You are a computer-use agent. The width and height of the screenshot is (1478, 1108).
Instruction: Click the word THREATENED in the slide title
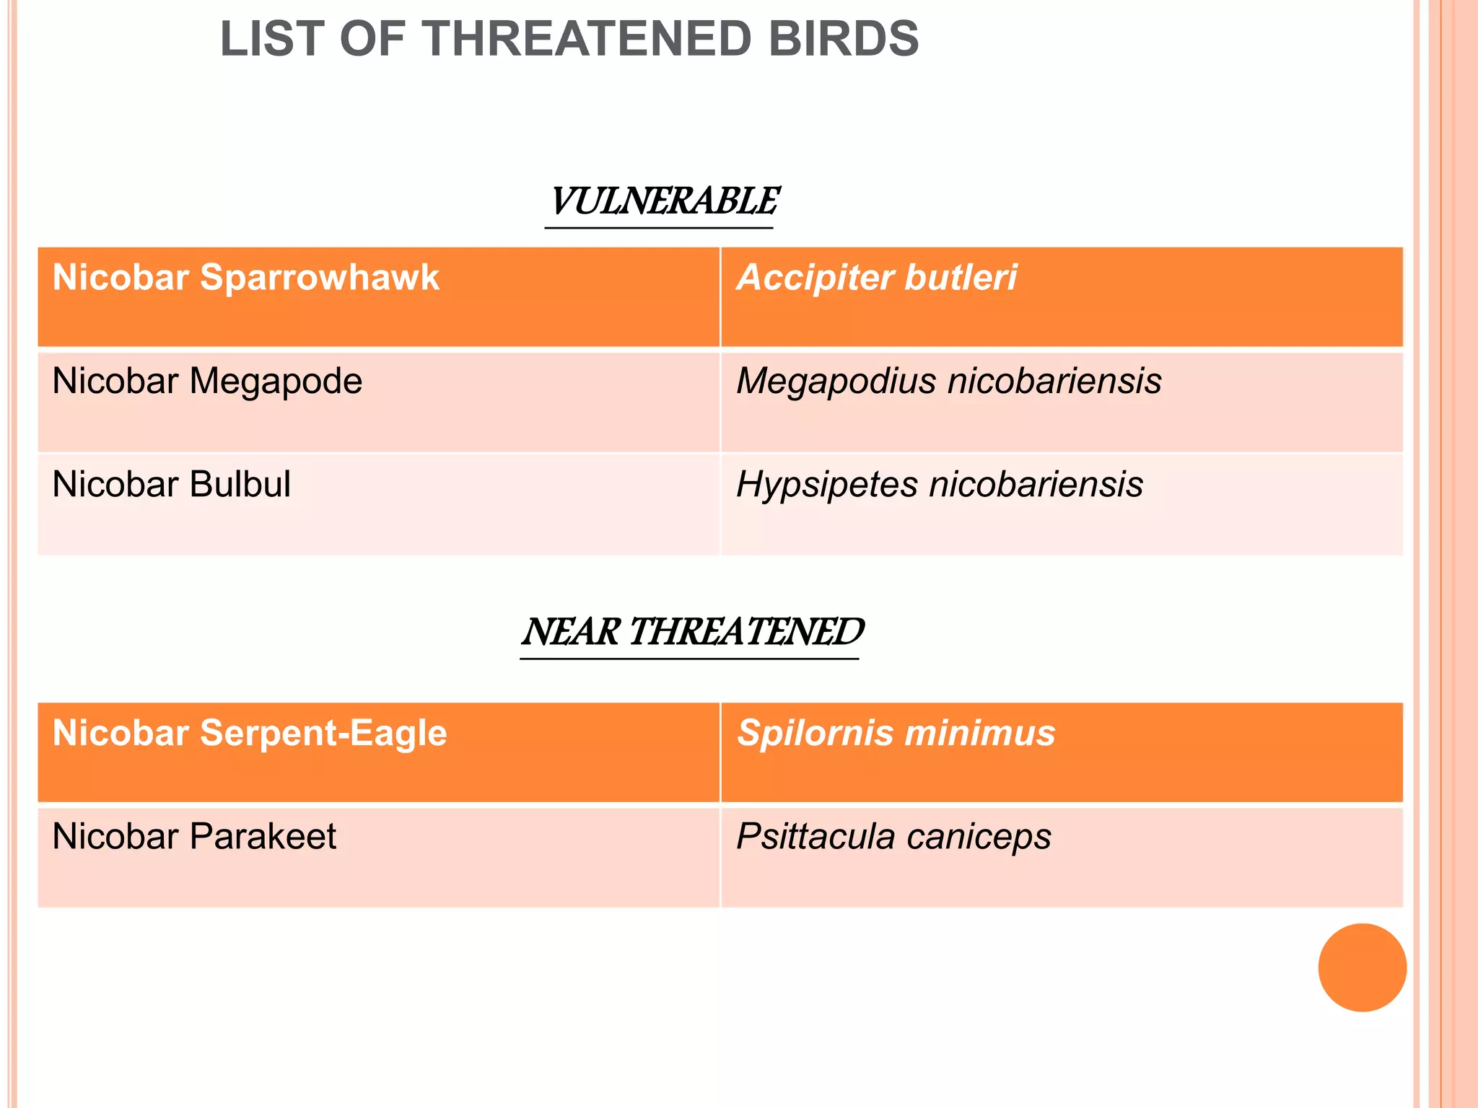[x=589, y=39]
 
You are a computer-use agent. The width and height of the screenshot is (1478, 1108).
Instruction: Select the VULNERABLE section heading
[x=663, y=201]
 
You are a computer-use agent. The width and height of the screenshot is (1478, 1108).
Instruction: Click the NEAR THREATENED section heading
[x=692, y=632]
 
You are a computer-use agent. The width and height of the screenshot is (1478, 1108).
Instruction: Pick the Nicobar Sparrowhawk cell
[x=246, y=278]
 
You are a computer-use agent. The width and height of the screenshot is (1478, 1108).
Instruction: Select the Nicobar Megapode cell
[x=207, y=381]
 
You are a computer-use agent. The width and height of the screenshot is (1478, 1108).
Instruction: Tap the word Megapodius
[x=835, y=382]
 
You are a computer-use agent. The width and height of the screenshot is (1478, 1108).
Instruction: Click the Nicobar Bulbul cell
[x=172, y=484]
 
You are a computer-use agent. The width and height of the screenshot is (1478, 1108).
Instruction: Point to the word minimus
[x=980, y=734]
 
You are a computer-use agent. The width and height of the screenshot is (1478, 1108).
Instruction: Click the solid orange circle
[x=1362, y=967]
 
